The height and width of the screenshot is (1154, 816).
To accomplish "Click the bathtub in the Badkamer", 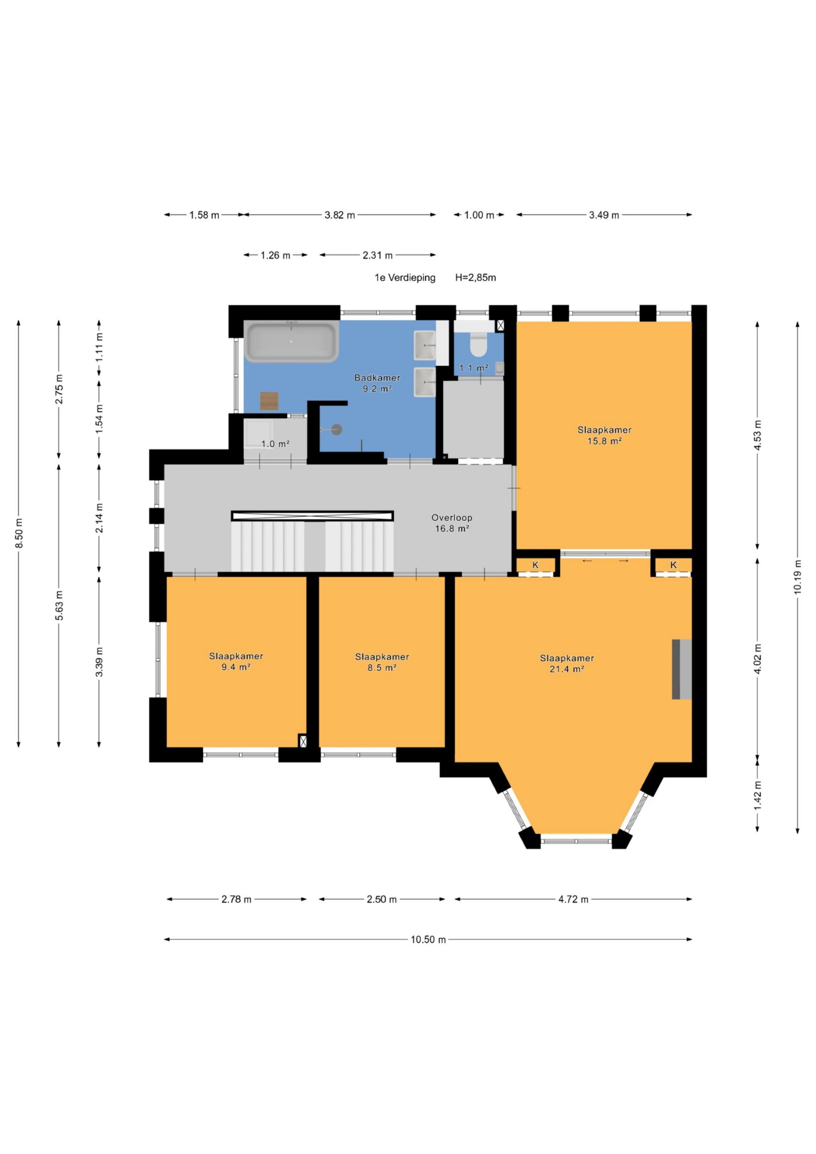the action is click(291, 341).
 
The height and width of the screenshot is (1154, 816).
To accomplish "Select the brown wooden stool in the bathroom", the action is click(269, 401).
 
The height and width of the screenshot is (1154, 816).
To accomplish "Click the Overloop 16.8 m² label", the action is click(451, 523).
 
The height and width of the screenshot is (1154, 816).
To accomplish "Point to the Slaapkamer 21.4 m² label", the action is click(567, 663).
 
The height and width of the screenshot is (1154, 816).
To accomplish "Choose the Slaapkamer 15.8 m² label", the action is click(604, 435).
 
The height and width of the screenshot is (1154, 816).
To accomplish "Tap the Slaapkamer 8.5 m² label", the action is click(382, 662).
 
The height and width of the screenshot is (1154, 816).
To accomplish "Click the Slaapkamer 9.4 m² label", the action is click(236, 662).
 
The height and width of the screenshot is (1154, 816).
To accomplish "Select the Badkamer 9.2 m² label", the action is click(377, 383).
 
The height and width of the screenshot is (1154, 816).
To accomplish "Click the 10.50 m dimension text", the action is click(428, 939).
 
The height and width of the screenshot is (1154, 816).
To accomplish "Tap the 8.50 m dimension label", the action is click(19, 533).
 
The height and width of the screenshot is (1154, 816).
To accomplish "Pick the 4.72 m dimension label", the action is click(573, 899).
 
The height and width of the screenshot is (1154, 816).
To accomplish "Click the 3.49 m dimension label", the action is click(604, 215).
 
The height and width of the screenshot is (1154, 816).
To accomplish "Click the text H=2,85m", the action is click(475, 277).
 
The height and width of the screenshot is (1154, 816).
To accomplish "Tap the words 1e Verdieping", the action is click(405, 277).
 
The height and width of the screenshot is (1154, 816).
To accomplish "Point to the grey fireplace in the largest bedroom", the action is click(682, 669).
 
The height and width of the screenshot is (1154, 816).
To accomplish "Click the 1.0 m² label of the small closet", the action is click(275, 444).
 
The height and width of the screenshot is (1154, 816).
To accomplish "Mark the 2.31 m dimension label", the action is click(377, 255).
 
